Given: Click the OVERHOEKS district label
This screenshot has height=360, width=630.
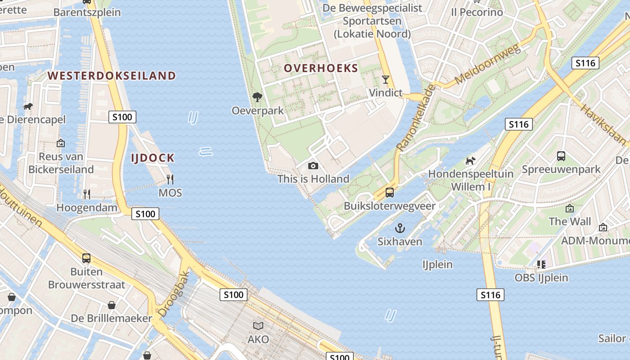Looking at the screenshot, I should pos(321,68).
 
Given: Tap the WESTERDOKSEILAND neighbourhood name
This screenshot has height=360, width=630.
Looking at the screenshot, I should pos(112,76).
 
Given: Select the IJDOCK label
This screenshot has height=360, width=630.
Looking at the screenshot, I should pos(153,158).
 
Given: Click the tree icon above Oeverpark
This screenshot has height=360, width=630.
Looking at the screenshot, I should pos(257,97).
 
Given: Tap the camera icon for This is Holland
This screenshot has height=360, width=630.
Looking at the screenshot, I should pos(313,166).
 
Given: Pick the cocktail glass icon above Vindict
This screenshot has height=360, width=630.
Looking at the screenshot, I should pos(385,80).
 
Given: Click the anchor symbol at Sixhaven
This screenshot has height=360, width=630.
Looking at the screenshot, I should pos(400,228).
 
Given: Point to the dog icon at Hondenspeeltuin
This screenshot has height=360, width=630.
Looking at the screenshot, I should pos(470,161).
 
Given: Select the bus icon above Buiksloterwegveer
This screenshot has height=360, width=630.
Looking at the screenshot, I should pos(390,193).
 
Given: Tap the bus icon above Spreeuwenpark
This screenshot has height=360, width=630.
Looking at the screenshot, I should pos(561,156).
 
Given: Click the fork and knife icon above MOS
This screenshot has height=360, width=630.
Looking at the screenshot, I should pos(170,180).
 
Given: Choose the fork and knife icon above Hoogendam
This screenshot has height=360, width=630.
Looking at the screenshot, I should pos(87,194).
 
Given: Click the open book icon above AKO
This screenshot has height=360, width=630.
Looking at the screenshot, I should pos(258,326).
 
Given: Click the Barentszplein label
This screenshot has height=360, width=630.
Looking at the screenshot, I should pos(87,12).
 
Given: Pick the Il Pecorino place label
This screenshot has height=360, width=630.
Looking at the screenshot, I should pos(477,12).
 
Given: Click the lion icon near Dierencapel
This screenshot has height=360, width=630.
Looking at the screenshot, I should pos(28,107).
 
